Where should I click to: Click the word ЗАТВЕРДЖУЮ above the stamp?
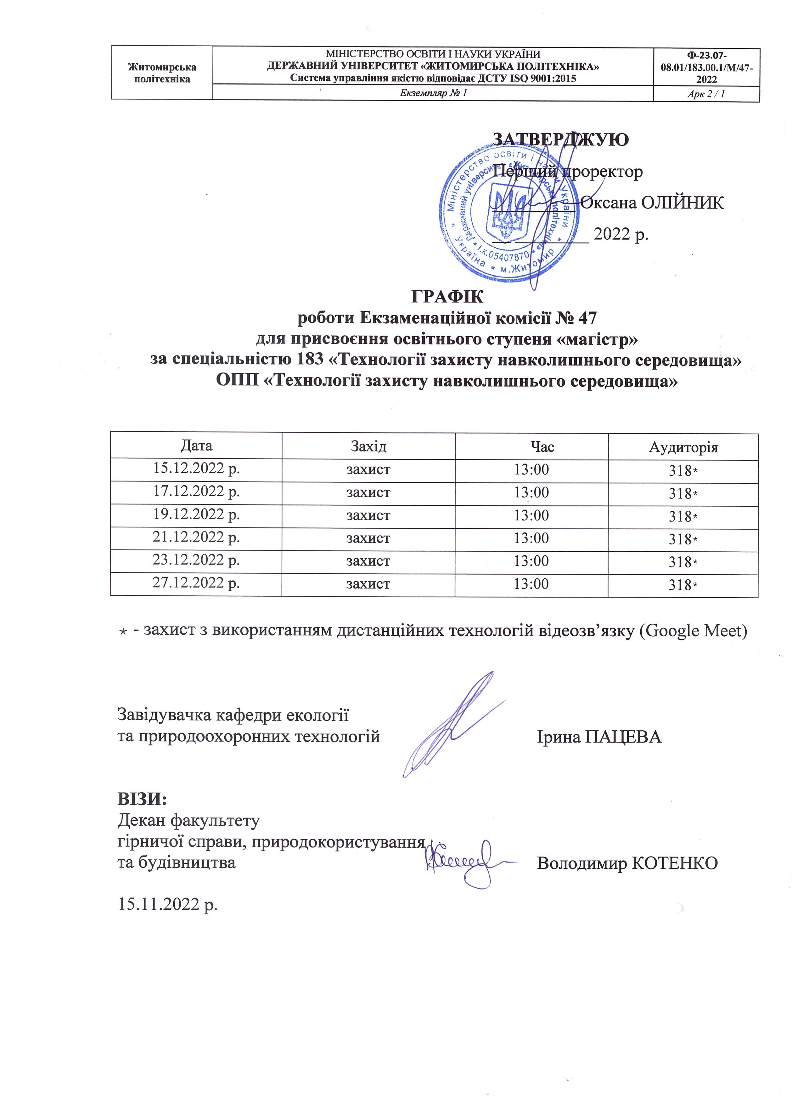pyautogui.click(x=561, y=140)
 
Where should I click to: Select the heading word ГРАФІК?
pyautogui.click(x=447, y=296)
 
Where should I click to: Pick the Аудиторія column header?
pyautogui.click(x=683, y=447)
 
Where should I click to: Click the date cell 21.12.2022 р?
pyautogui.click(x=196, y=538)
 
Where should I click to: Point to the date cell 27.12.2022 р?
pyautogui.click(x=196, y=583)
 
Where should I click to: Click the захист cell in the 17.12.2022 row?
pyautogui.click(x=368, y=492)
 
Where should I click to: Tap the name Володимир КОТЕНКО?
pyautogui.click(x=627, y=863)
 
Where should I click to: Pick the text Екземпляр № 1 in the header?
pyautogui.click(x=433, y=93)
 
